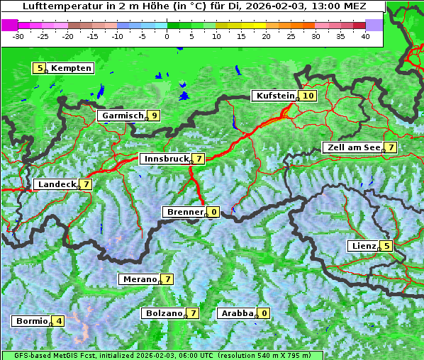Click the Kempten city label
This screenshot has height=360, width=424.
[71, 68]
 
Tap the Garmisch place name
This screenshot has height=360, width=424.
[122, 116]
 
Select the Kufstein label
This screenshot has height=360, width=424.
[275, 96]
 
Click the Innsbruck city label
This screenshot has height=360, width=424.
[164, 159]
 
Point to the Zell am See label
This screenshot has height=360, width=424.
[352, 147]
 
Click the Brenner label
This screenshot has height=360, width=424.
[184, 212]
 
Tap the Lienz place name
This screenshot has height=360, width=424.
[363, 246]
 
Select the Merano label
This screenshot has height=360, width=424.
[139, 279]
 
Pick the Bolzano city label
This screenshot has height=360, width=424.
[163, 313]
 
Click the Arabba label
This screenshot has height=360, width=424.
[237, 313]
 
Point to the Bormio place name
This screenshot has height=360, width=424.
[31, 321]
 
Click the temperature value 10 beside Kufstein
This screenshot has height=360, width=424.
[308, 96]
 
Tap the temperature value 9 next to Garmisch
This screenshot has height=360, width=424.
[153, 116]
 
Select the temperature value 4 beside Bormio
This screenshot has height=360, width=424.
[58, 321]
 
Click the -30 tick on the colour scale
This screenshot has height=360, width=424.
[18, 35]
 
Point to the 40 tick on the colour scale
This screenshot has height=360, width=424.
[365, 35]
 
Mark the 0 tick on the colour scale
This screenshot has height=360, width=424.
[167, 35]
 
